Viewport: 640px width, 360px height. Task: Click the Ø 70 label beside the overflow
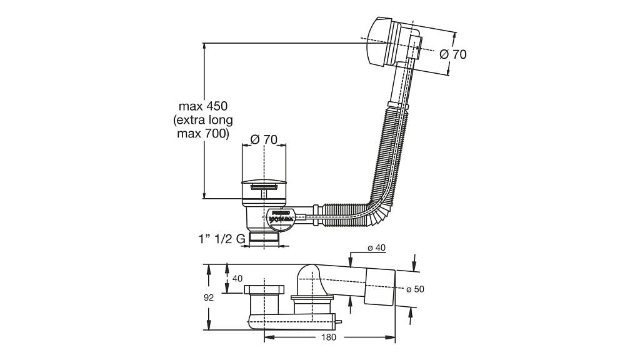[x=453, y=54]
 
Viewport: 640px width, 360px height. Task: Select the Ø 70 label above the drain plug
[x=264, y=139]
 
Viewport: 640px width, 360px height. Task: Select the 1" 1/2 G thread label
[x=222, y=239]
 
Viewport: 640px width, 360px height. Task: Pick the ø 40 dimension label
[x=376, y=248]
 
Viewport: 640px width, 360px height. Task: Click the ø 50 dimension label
[x=416, y=289]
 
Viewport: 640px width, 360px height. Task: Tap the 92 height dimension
[x=209, y=297]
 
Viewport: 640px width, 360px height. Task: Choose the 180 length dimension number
[x=329, y=337]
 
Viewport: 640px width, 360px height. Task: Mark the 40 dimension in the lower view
[x=237, y=278]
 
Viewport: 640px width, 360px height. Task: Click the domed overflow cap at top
[x=375, y=42]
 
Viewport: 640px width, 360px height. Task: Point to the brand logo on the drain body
[x=281, y=217]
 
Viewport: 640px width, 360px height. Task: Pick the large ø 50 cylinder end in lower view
[x=379, y=287]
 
